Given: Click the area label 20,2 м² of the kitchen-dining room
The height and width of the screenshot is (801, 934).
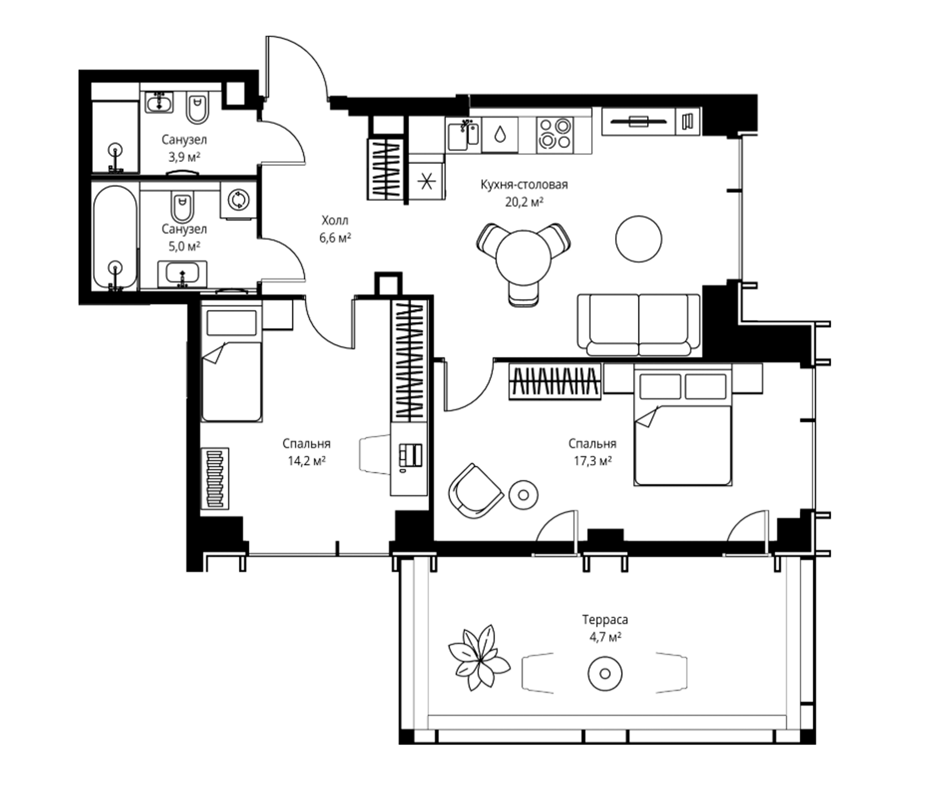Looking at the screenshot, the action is coord(524,202).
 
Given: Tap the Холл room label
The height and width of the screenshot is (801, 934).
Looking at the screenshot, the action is coord(335,221).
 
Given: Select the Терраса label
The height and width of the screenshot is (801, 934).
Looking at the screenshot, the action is coord(605,620).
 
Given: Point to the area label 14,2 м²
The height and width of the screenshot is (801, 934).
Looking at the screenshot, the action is coord(306,461).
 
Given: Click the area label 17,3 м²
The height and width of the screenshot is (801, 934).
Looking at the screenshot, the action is coord(592,461).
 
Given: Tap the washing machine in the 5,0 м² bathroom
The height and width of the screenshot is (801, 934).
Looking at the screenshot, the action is coord(238,200).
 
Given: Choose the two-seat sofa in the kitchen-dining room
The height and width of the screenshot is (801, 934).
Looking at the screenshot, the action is coord(639,325).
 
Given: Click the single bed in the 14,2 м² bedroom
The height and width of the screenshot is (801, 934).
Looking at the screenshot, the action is coord(232,364).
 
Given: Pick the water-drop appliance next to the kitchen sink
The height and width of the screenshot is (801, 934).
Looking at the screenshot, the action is coord(500,134).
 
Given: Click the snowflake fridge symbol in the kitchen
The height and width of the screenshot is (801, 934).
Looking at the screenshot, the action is coord(427,182).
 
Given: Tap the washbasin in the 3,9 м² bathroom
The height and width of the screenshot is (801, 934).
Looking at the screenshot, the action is coord(159,103).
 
